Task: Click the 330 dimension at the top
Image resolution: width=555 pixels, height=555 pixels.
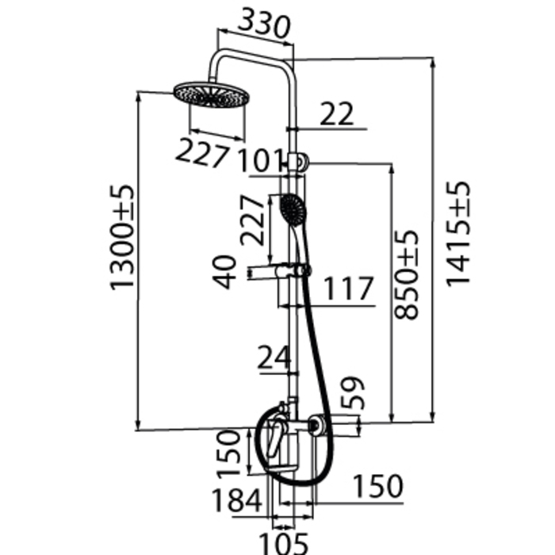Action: tap(264, 23)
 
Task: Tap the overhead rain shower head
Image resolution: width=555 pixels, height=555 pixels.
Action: tap(211, 95)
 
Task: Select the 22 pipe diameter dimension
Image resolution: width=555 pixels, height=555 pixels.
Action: tap(336, 114)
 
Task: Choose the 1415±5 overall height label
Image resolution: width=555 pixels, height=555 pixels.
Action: tap(458, 234)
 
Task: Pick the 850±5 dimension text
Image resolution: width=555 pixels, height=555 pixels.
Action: tap(406, 275)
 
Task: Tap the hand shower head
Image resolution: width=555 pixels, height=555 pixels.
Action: tap(293, 209)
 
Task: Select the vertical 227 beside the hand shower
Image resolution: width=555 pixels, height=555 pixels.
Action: tap(252, 220)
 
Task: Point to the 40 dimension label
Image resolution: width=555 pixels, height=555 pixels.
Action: tap(224, 272)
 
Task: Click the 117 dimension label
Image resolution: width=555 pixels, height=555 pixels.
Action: tap(348, 288)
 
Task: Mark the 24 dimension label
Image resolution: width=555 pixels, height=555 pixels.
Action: tap(274, 357)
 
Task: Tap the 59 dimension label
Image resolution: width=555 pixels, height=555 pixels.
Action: tap(352, 393)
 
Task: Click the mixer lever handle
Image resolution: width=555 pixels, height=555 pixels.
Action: tap(275, 436)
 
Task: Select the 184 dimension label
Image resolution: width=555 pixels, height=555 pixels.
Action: tap(236, 500)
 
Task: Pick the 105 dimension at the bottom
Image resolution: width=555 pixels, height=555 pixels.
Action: tap(284, 544)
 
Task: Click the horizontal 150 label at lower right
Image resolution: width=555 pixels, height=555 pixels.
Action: tap(378, 486)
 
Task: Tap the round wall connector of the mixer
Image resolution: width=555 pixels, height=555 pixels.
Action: tap(314, 425)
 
